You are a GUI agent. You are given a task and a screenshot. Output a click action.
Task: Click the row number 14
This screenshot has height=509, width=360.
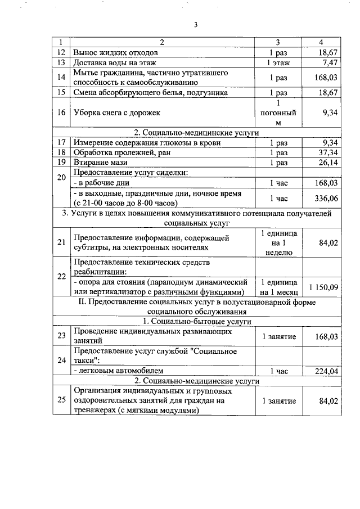click(61, 77)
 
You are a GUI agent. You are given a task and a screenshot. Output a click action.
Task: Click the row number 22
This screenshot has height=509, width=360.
click(61, 277)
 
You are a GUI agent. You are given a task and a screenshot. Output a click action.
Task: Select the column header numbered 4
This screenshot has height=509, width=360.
click(321, 43)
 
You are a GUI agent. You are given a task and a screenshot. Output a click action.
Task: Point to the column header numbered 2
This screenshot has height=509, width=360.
click(162, 43)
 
